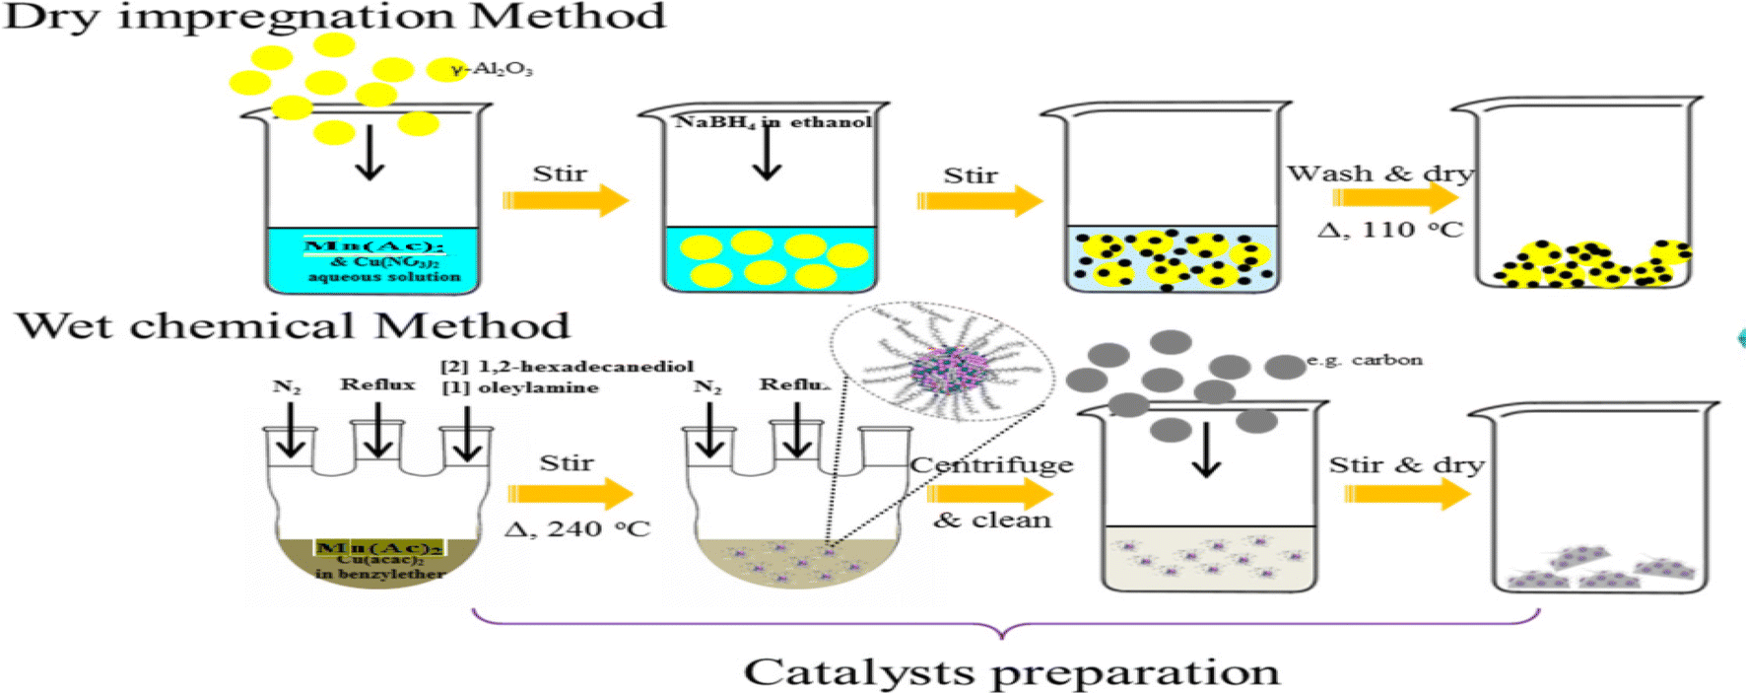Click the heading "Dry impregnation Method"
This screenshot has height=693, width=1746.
(x=334, y=17)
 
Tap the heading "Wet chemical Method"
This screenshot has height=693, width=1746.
(x=293, y=325)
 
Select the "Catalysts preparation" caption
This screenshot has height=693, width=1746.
(x=1011, y=671)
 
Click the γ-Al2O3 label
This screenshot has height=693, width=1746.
(x=492, y=69)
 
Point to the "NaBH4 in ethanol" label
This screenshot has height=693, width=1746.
(x=773, y=121)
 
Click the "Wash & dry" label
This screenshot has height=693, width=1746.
(x=1379, y=173)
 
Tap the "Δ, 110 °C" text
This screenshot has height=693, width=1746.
(x=1390, y=230)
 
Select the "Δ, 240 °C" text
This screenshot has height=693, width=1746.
(x=577, y=528)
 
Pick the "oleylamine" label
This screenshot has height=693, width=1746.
(x=538, y=387)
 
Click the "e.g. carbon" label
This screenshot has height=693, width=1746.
(x=1365, y=360)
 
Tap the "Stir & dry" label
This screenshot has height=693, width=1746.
(x=1406, y=464)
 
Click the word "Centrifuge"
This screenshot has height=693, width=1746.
(x=991, y=464)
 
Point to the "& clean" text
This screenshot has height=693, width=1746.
(x=991, y=520)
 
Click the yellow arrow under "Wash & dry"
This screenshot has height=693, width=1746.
(x=1394, y=197)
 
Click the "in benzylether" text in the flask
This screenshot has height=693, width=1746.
(x=380, y=574)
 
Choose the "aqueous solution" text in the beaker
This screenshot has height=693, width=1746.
(x=384, y=277)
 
